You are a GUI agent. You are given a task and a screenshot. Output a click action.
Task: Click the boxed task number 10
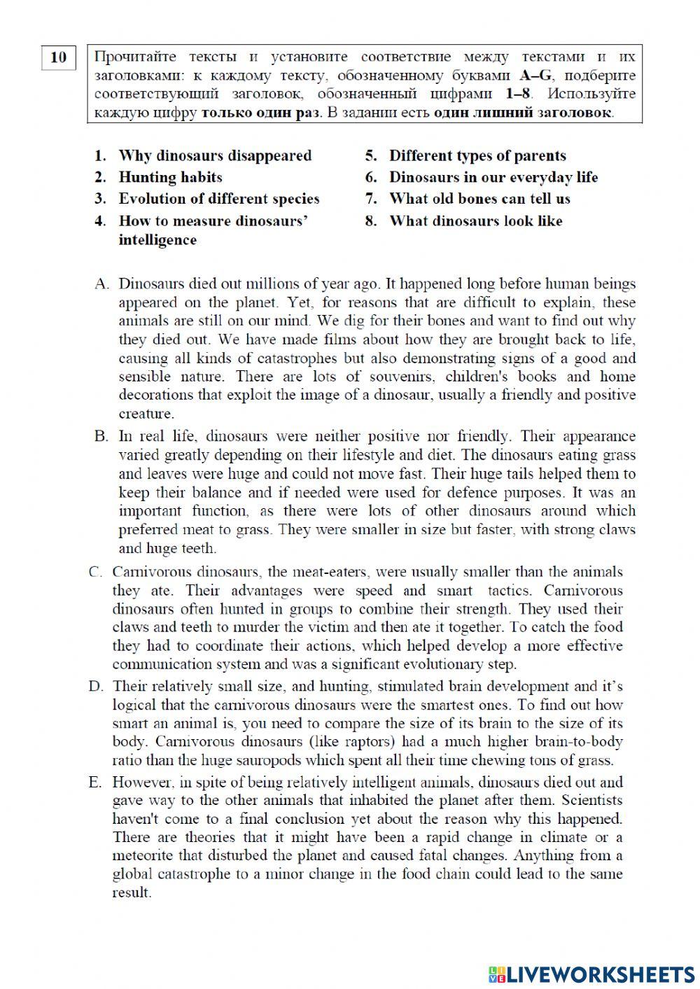coord(59,57)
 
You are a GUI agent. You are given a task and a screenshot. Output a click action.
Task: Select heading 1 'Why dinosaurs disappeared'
coord(214,155)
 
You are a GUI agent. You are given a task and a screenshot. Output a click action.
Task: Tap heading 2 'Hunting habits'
coord(170,177)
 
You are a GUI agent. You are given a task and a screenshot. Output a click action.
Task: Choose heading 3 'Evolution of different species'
coord(218,199)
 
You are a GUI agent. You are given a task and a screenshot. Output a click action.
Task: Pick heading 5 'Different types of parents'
coord(477,155)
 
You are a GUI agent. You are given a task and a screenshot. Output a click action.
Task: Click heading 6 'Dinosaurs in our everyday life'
coord(493,177)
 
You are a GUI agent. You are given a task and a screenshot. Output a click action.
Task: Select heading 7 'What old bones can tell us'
coord(479,199)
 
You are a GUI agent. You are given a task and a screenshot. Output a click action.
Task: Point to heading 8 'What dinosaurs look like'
coord(475,221)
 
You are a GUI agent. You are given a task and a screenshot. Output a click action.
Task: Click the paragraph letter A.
coord(102,284)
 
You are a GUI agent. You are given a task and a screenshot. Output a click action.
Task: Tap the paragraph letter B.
coord(102,437)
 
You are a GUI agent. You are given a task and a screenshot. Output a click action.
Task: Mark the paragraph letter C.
coord(96,572)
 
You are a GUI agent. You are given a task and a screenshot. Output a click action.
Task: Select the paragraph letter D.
coord(96,687)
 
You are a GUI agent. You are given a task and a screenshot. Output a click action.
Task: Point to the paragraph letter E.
coord(96,783)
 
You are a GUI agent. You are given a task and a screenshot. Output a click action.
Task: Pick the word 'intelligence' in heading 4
coord(157,240)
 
